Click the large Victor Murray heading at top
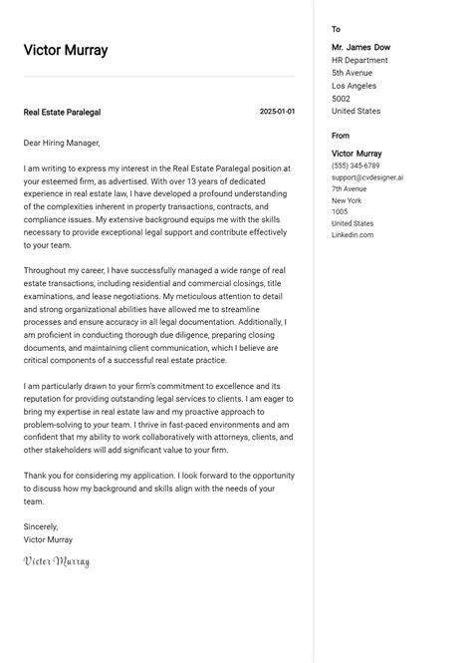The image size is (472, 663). point(66,50)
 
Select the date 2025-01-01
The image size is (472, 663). point(277,112)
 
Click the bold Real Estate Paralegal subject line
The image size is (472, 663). point(62,113)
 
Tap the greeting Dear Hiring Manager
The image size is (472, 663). point(62,144)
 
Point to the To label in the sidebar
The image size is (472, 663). point(336,30)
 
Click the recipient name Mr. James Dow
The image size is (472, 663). point(360,48)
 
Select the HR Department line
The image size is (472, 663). point(359,61)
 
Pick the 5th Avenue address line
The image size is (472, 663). point(352,74)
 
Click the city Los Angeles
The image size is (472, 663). point(354,87)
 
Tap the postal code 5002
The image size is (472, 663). point(341,100)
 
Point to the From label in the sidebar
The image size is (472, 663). point(341,136)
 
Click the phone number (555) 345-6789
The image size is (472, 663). point(355,166)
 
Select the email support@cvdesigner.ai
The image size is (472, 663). point(367,177)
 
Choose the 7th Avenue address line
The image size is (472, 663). point(351,188)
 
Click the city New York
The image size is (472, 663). point(348,200)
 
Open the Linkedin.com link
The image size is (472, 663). point(353,235)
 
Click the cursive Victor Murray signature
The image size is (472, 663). point(57,562)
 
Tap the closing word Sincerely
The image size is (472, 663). point(41,526)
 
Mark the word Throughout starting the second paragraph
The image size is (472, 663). point(46,270)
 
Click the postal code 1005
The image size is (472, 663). point(340,212)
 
